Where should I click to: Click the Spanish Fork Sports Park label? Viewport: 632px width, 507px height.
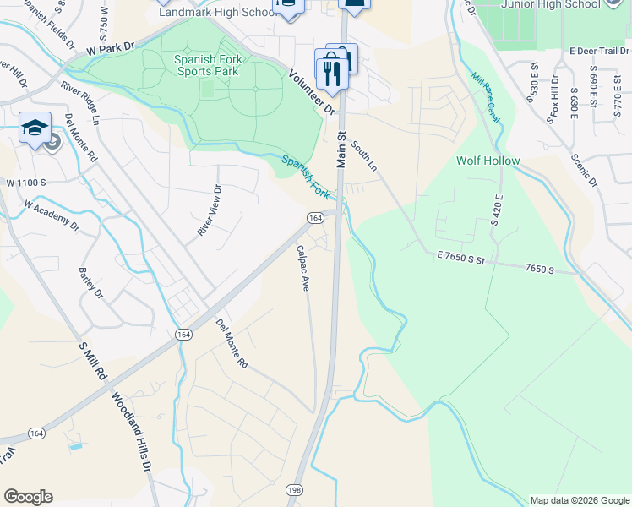(x=207, y=65)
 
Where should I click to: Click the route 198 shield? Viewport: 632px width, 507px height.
(x=294, y=489)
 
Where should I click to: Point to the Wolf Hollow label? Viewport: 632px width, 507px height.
(x=488, y=161)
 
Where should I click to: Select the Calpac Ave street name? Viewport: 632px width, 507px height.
(x=302, y=268)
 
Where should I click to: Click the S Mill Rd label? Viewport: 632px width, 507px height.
(x=92, y=360)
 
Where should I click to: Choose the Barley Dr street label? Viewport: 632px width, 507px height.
(x=90, y=283)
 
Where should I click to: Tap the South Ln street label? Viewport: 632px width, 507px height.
(x=365, y=160)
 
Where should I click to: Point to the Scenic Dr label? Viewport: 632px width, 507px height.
(x=583, y=170)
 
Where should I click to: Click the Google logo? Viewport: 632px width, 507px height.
(x=28, y=497)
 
